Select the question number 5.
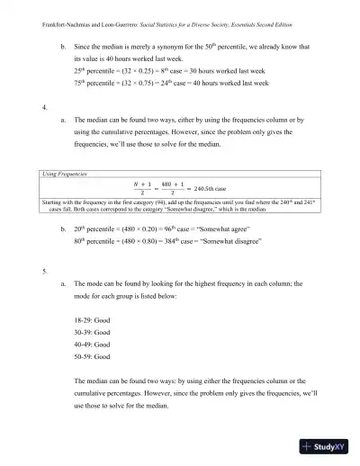click(44, 270)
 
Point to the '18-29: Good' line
click(94, 320)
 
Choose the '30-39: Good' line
click(94, 333)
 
